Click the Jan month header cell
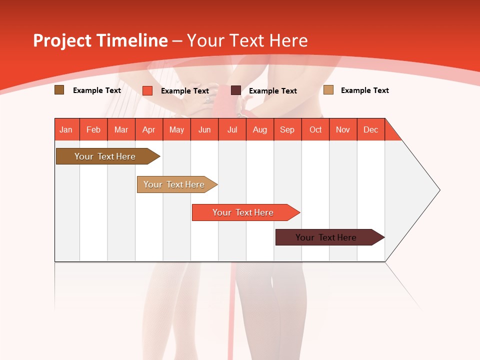point(66,129)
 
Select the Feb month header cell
point(93,129)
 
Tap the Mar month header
point(121,129)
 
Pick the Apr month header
point(149,129)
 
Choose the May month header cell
point(176,129)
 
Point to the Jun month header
point(204,129)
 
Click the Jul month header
point(232,129)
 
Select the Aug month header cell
point(260,129)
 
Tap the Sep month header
point(287,129)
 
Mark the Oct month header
point(315,129)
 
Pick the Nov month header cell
point(343,129)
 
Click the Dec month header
point(371,129)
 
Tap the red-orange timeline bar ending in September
point(243,212)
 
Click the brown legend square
point(59,90)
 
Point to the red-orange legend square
point(147,90)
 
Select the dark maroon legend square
point(236,90)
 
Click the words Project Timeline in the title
point(100,40)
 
